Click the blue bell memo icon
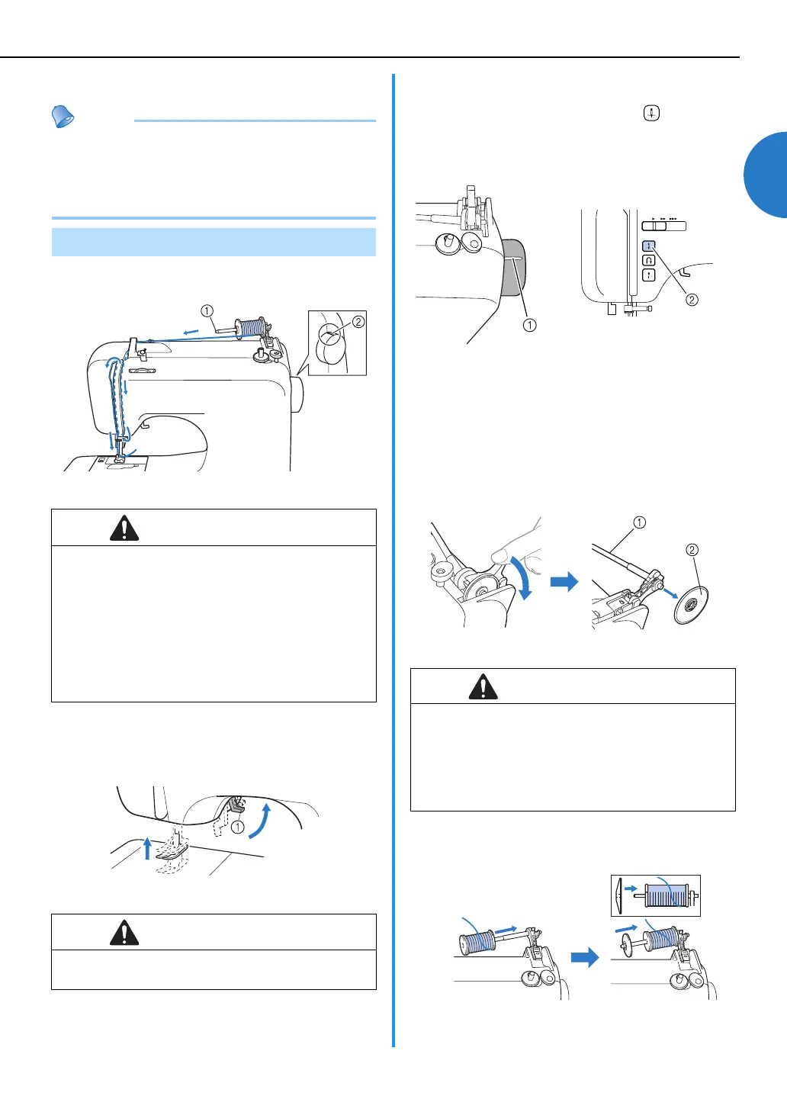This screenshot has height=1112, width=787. pyautogui.click(x=63, y=117)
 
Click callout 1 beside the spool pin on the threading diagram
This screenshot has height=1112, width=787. pyautogui.click(x=207, y=310)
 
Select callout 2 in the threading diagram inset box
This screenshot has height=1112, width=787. pyautogui.click(x=358, y=322)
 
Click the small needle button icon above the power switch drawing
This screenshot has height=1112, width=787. pyautogui.click(x=651, y=113)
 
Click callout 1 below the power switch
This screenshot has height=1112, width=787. pyautogui.click(x=529, y=325)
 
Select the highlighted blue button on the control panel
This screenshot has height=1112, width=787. pyautogui.click(x=649, y=246)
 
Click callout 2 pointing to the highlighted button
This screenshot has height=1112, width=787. pyautogui.click(x=692, y=300)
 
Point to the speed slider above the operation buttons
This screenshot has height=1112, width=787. pyautogui.click(x=664, y=226)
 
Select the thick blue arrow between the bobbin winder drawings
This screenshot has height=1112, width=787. pyautogui.click(x=564, y=582)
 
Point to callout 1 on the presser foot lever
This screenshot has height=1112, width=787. pyautogui.click(x=238, y=828)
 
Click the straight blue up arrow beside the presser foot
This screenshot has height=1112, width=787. pyautogui.click(x=148, y=847)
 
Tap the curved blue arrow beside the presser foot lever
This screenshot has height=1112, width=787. pyautogui.click(x=261, y=820)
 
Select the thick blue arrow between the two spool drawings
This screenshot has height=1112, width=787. pyautogui.click(x=585, y=957)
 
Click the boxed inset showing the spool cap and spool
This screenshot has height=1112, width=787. pyautogui.click(x=656, y=895)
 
